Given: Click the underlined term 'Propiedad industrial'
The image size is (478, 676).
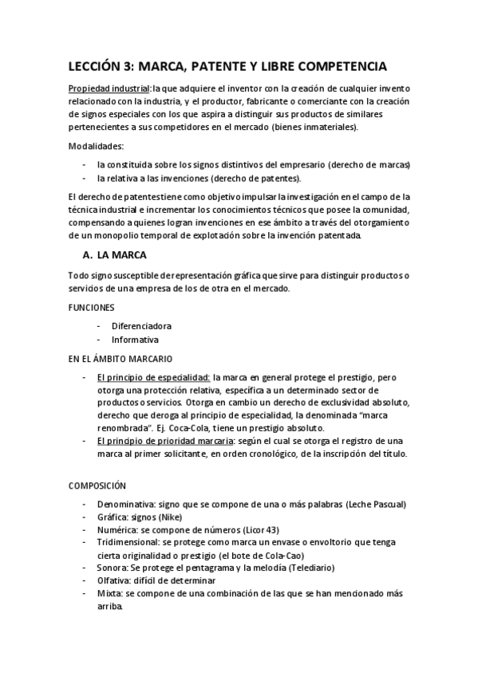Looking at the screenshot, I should pyautogui.click(x=108, y=89).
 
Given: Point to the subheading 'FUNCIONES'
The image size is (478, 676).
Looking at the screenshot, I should pyautogui.click(x=92, y=307).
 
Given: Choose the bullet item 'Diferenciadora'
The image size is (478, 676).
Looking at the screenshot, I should pyautogui.click(x=141, y=326).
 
